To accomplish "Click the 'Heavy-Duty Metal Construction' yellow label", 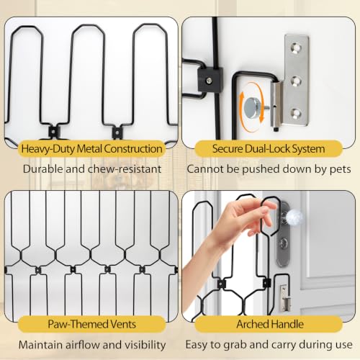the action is point(91,149).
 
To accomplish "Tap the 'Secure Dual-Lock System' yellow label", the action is point(269,149).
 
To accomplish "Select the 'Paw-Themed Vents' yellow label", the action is point(91,324).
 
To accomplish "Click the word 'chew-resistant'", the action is point(125,169).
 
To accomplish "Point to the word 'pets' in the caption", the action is point(341,170).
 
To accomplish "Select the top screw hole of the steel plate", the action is point(296,48).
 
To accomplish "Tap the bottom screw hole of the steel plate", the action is point(296,113).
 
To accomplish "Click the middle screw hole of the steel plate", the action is point(296,81).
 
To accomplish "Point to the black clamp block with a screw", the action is point(210,80).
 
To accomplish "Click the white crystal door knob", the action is point(294,217).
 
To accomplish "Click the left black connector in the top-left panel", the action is point(53,131).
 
